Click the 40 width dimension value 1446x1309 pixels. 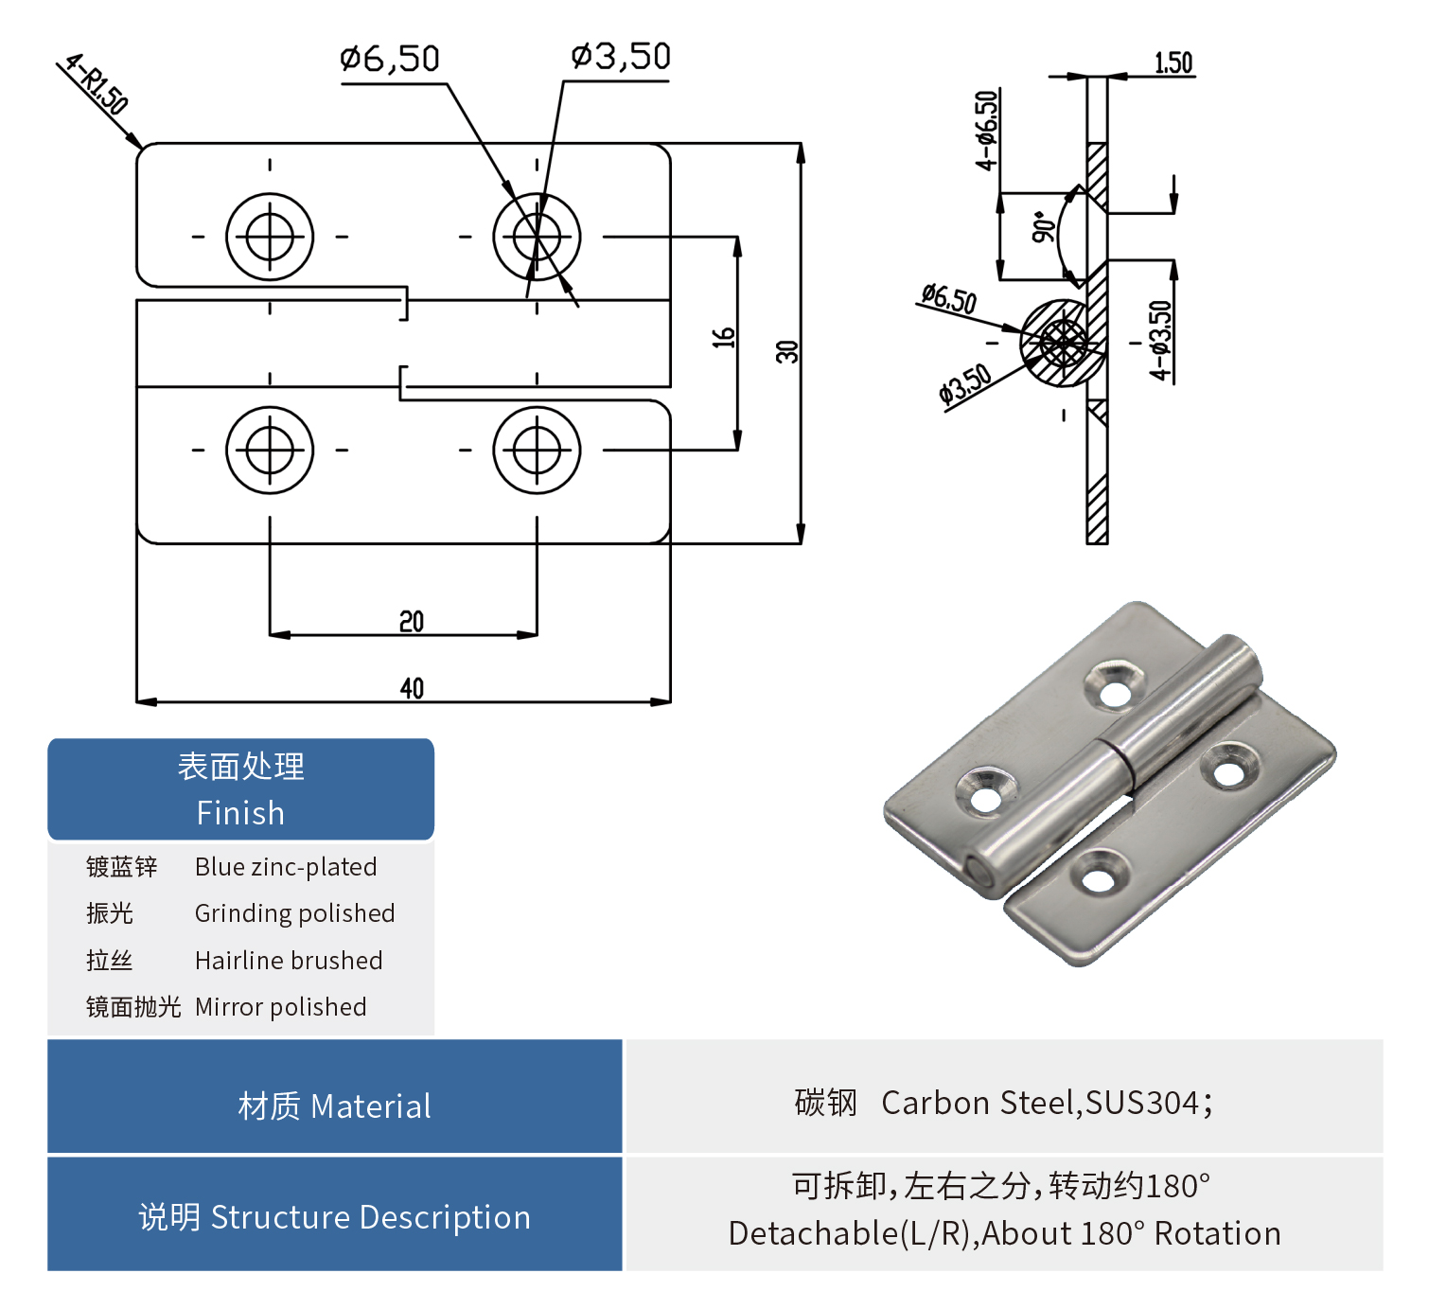point(412,688)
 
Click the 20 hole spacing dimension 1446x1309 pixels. point(412,622)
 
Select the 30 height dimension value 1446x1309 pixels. point(787,351)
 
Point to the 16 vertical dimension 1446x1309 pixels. point(724,337)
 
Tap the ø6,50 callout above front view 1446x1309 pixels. point(390,60)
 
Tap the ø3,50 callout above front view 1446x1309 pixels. point(621,57)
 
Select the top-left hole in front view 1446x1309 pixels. point(270,237)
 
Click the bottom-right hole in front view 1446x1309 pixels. point(537,450)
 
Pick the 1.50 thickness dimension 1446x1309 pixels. point(1173,63)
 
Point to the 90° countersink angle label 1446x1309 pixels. point(1043,228)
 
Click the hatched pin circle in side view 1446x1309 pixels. point(1062,343)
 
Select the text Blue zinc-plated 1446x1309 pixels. point(286,867)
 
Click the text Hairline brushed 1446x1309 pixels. point(289,961)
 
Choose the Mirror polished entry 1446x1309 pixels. point(280,1007)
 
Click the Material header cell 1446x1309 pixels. point(334,1106)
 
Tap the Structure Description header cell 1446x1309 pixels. point(334,1217)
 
